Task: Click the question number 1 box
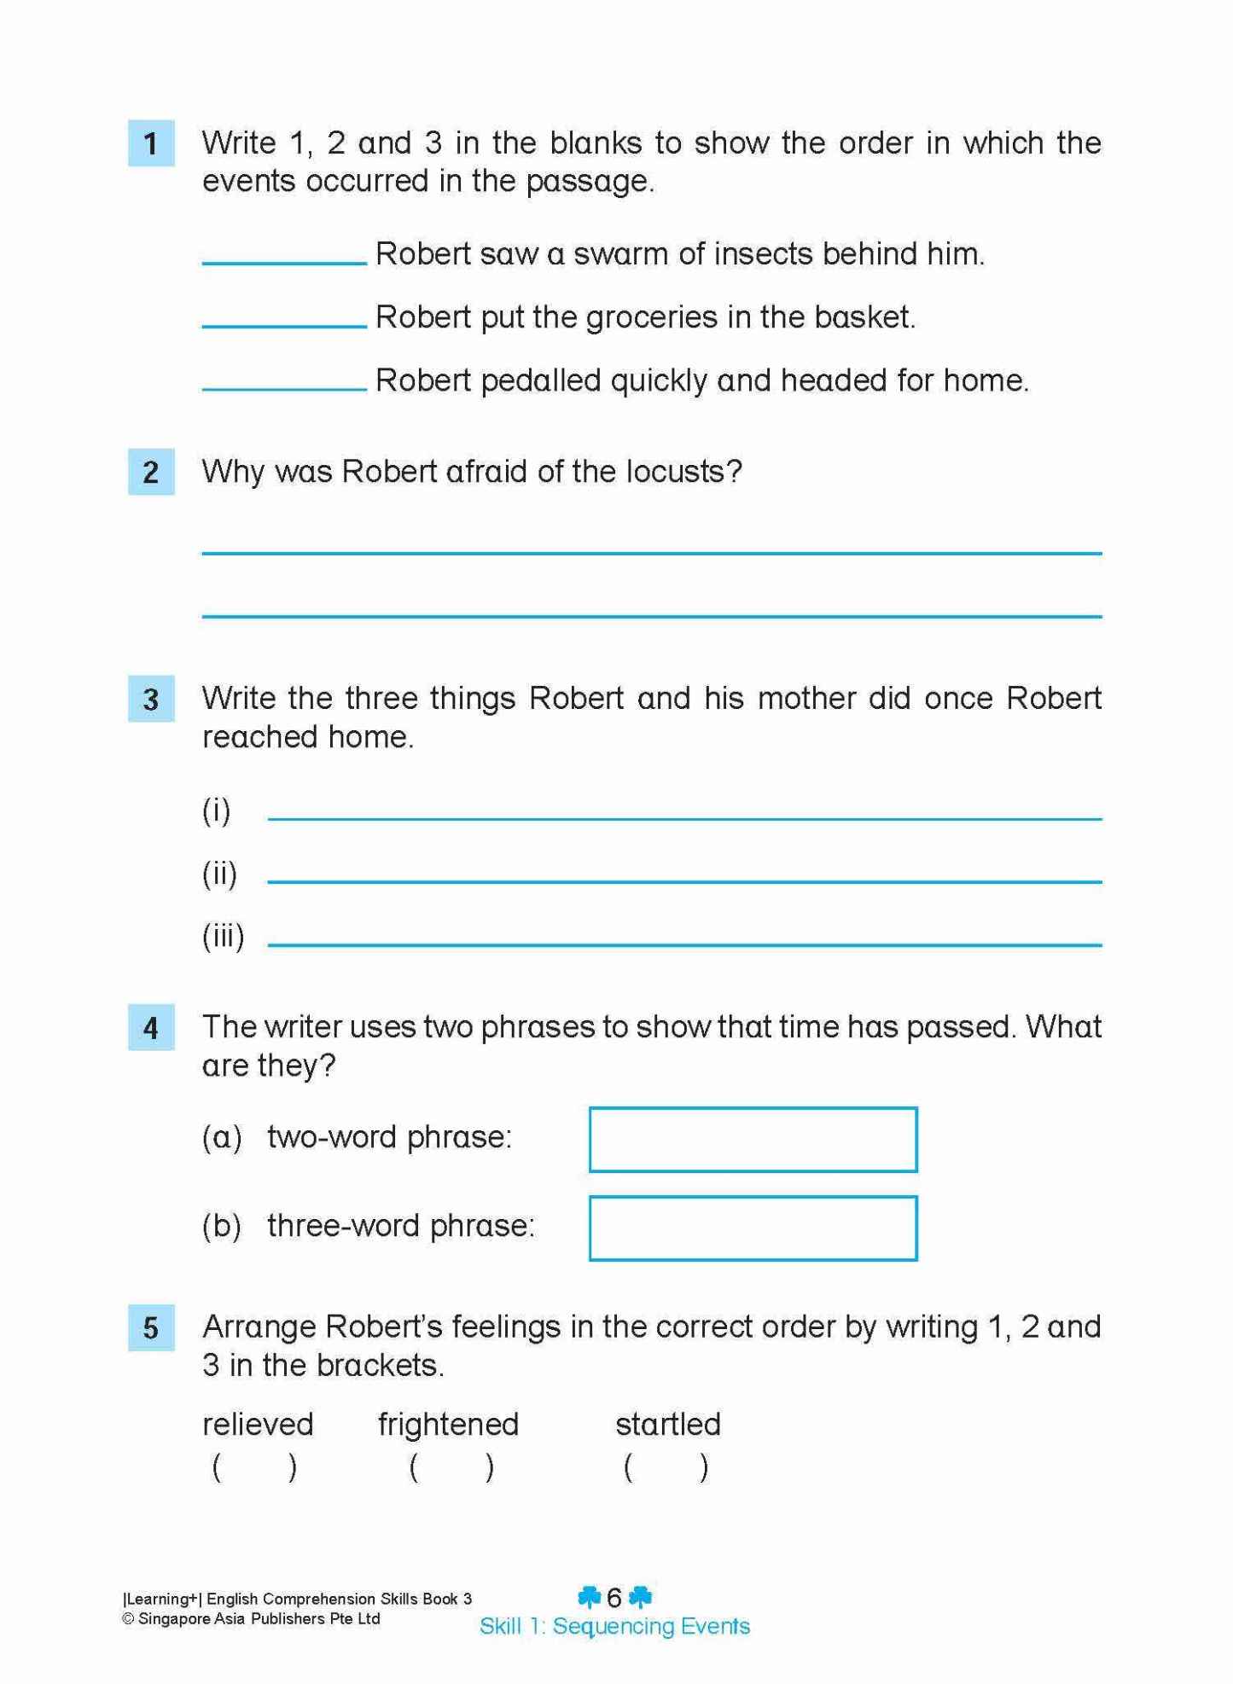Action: coord(151,143)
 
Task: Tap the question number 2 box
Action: coord(151,472)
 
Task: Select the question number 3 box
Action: coord(151,699)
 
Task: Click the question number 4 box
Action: coord(151,1027)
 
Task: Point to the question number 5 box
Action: coord(151,1327)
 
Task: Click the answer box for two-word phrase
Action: coord(753,1140)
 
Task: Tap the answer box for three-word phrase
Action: coord(753,1228)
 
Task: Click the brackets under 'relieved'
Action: coord(254,1467)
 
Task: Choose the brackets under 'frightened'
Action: coord(451,1467)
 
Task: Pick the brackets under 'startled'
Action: coord(666,1467)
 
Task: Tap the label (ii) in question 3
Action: coord(219,874)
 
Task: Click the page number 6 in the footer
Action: coord(614,1597)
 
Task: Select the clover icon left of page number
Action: coord(589,1596)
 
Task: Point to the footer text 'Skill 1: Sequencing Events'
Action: coord(614,1626)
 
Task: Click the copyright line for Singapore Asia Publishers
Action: coord(252,1619)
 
